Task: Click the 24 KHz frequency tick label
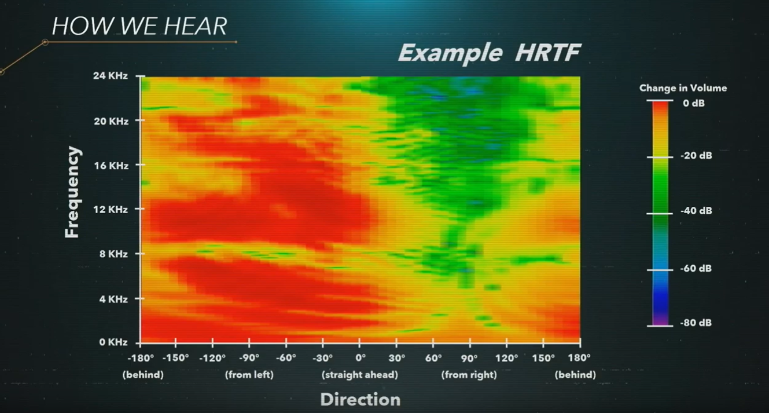click(110, 75)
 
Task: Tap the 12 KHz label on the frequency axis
click(110, 209)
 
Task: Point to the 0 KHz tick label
click(113, 342)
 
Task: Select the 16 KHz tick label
click(111, 166)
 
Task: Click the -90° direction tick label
click(249, 358)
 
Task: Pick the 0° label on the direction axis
click(360, 358)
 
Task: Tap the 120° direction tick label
click(507, 358)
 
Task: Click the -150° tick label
click(175, 358)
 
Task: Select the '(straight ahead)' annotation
click(360, 375)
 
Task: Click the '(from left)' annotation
click(249, 375)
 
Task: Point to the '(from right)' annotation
click(469, 375)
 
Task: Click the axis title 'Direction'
click(360, 400)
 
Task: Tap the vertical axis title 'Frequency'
click(72, 192)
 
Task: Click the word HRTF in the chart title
click(547, 53)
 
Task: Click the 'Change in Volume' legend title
click(683, 88)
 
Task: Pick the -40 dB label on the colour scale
click(696, 211)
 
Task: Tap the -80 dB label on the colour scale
click(696, 323)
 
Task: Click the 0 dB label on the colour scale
click(693, 103)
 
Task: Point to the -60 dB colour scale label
click(696, 268)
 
